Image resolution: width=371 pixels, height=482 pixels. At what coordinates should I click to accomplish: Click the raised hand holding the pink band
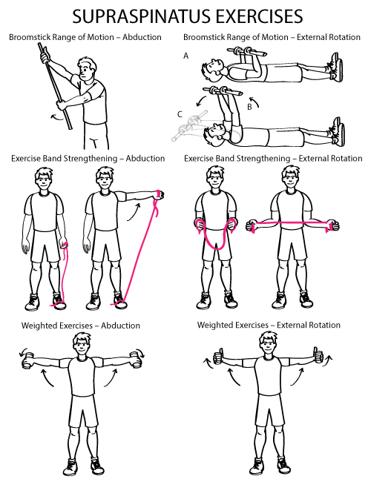(x=160, y=194)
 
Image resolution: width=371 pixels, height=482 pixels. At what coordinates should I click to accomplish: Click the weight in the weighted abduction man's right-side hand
(x=138, y=360)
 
